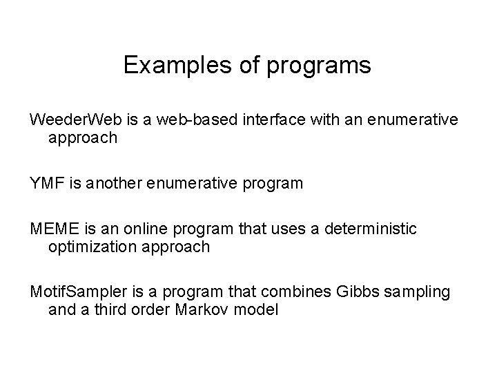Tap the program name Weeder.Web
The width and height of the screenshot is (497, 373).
(73, 120)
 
